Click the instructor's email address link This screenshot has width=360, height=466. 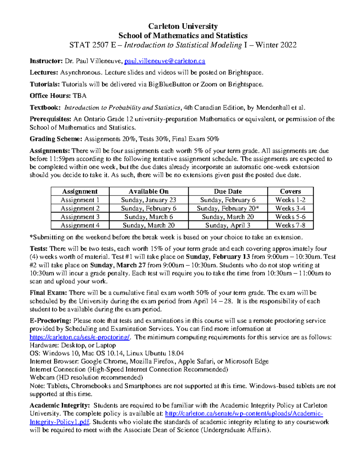(x=165, y=61)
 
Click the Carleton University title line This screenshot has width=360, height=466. (x=183, y=26)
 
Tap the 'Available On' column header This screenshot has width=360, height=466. (x=148, y=191)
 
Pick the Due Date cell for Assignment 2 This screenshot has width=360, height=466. (x=228, y=208)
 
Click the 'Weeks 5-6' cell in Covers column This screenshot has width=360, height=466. (x=290, y=217)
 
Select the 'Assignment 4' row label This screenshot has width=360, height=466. (x=80, y=225)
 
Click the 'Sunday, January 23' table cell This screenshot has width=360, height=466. (x=148, y=200)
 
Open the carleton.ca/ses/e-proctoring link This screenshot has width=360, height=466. (x=80, y=337)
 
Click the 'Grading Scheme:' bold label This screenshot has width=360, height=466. (x=56, y=139)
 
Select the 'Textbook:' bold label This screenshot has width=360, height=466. (x=45, y=108)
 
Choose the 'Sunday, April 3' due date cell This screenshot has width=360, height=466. (x=228, y=225)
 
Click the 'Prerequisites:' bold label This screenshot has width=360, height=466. (x=50, y=119)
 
